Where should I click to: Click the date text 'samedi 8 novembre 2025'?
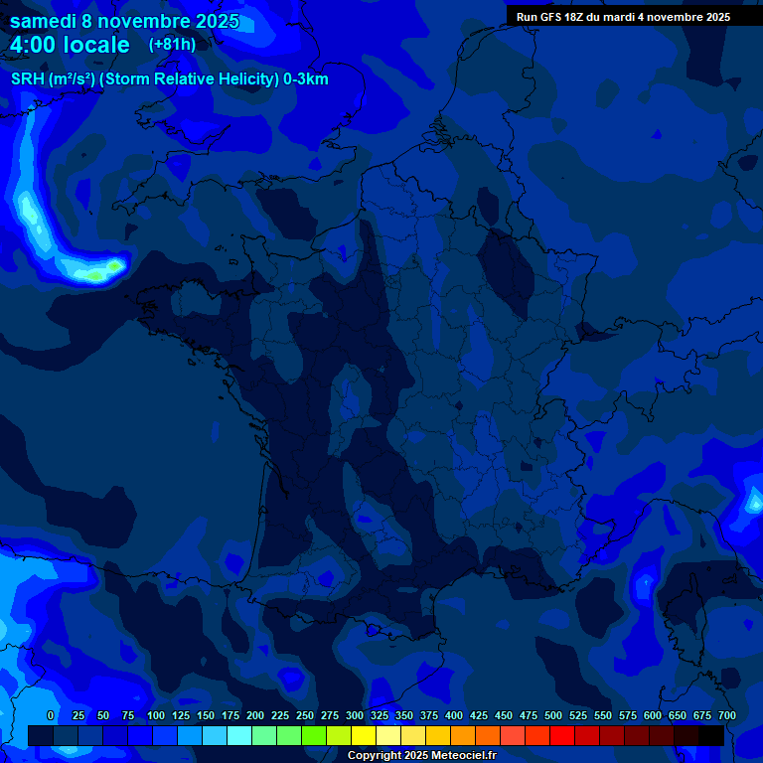click(x=124, y=21)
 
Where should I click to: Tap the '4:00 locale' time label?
click(x=71, y=45)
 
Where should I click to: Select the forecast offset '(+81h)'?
click(x=172, y=45)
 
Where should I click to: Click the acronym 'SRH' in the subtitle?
click(x=27, y=79)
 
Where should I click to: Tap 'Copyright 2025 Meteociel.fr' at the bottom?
click(x=421, y=755)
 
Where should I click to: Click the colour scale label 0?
click(x=51, y=715)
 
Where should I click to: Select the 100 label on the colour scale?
click(x=156, y=715)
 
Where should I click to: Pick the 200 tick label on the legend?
click(x=255, y=715)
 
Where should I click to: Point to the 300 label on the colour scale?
click(x=355, y=715)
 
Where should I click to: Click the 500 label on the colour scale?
click(x=553, y=715)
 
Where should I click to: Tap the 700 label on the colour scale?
click(x=727, y=715)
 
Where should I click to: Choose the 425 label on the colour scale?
click(x=479, y=715)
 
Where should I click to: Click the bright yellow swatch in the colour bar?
click(x=364, y=735)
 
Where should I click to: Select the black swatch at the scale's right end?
click(x=711, y=735)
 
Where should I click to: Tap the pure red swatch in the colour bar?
click(x=562, y=735)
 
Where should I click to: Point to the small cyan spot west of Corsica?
click(x=647, y=580)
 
